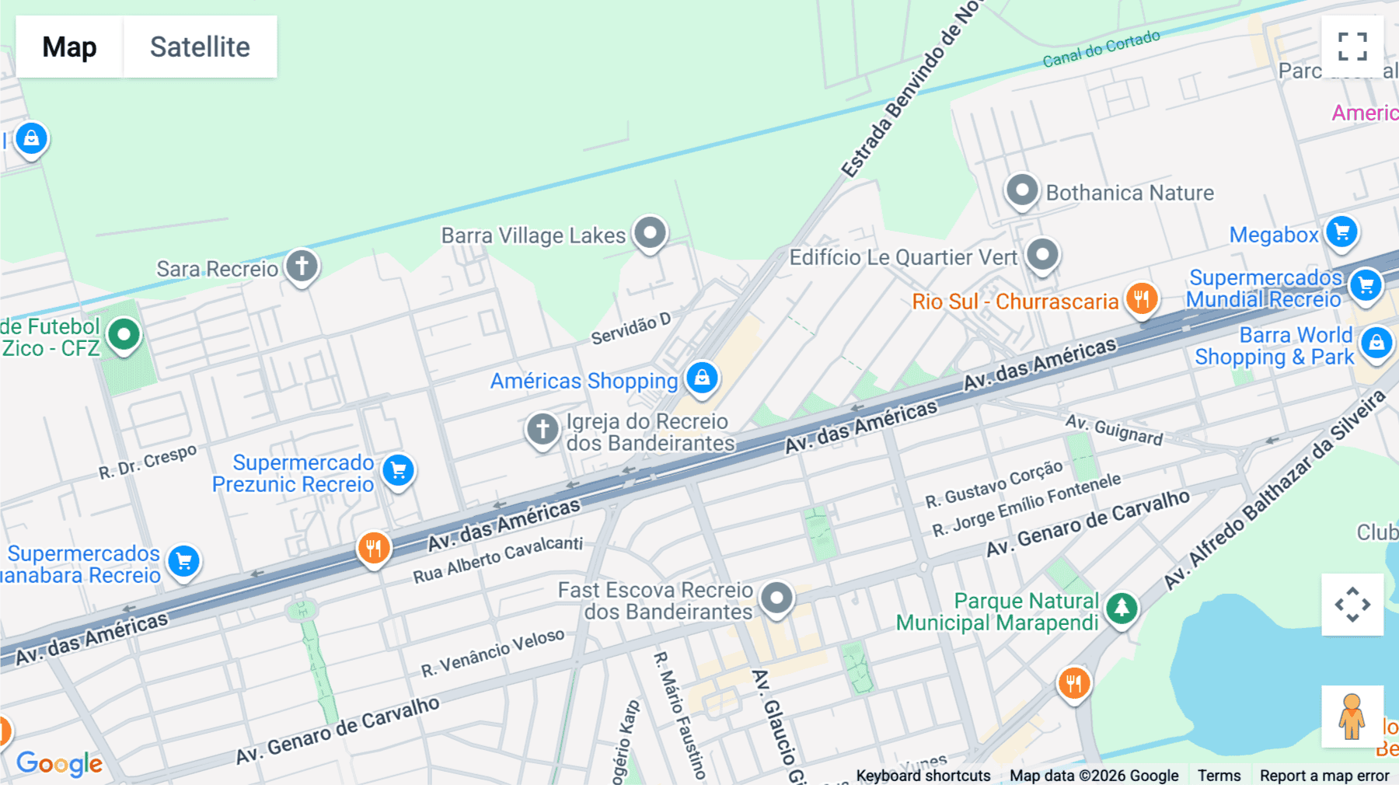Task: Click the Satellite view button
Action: [200, 47]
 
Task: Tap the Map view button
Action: [69, 47]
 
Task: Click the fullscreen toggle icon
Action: [1352, 47]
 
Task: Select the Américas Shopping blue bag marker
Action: [702, 378]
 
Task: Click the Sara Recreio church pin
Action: [302, 266]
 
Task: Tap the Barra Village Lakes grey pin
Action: [650, 232]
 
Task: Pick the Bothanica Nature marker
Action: [1021, 190]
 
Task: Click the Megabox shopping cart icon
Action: [1341, 232]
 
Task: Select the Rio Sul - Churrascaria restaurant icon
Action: [1141, 298]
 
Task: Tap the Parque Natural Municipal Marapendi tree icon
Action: [1121, 608]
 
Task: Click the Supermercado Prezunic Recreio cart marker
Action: [398, 470]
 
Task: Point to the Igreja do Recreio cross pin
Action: [543, 428]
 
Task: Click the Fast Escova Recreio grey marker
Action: [776, 598]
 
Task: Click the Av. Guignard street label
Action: [1114, 429]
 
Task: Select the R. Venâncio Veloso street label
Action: [493, 653]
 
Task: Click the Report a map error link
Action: [1324, 776]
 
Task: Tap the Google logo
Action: [59, 763]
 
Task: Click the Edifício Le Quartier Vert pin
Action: [1042, 255]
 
